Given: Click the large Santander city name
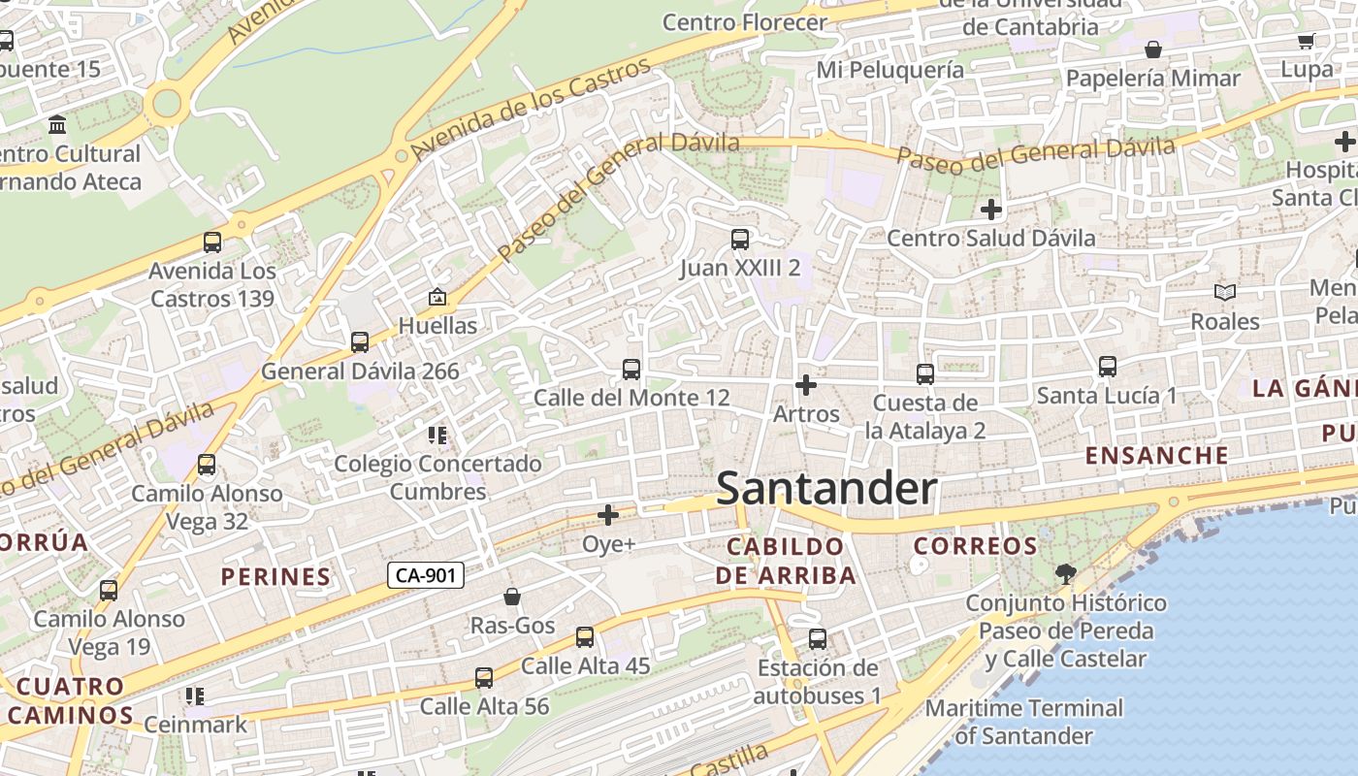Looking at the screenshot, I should click(826, 489).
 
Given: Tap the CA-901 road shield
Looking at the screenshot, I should click(426, 575).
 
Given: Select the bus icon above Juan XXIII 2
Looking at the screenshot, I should click(740, 239).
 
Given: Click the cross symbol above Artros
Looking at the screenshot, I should click(805, 385).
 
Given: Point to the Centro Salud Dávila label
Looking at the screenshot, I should click(990, 238).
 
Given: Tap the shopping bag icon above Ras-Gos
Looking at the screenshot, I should click(512, 597).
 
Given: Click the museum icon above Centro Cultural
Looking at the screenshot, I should click(57, 125).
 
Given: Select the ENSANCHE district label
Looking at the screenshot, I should click(1156, 455).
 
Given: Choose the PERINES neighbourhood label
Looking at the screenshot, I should click(276, 577).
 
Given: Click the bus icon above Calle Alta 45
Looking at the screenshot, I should click(585, 637).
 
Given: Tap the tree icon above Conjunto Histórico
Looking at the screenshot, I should click(1065, 573).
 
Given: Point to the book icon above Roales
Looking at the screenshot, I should click(1225, 292).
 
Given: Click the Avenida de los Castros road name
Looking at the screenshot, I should click(530, 110).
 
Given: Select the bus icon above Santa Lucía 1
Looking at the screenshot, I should click(1108, 367).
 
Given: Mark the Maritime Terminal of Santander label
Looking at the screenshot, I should click(1023, 722).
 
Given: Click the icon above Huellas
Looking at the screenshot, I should click(437, 297).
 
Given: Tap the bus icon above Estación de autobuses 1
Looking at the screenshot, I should click(818, 639).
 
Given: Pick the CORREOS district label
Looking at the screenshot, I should click(976, 546).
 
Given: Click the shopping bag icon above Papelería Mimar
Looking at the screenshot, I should click(1153, 49).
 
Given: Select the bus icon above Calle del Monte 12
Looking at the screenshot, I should click(631, 370).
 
